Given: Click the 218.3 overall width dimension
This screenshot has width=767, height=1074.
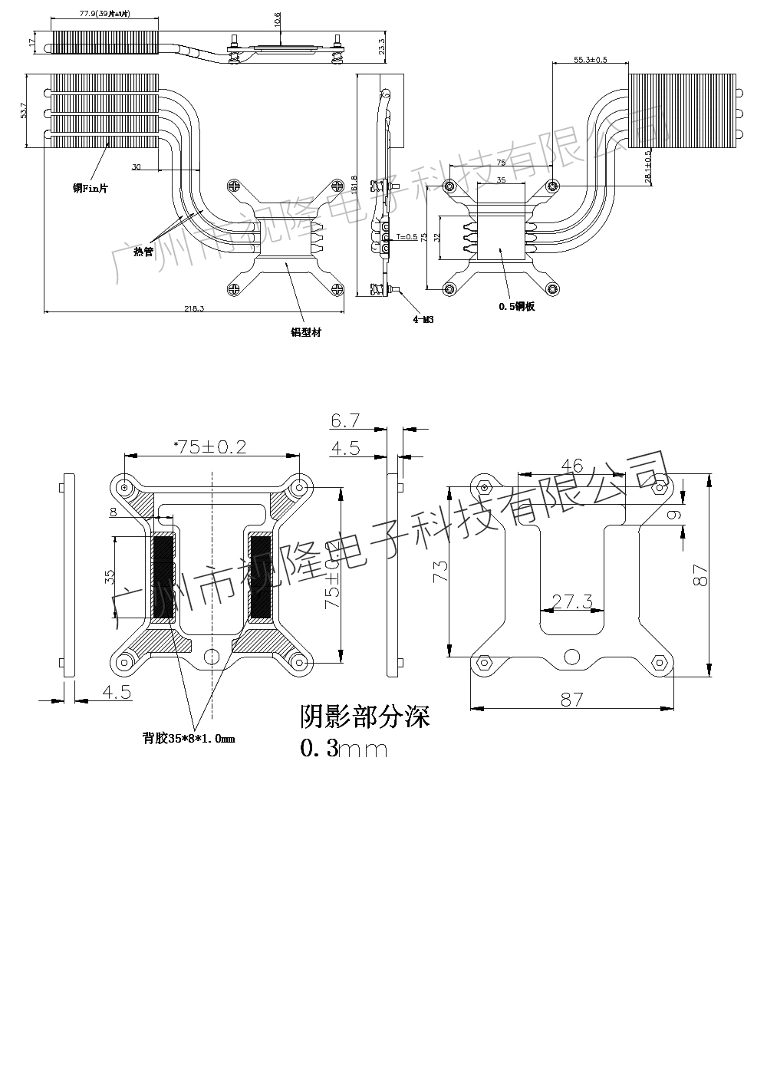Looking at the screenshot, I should point(194,308).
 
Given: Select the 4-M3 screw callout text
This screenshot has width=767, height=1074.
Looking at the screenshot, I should point(423,319).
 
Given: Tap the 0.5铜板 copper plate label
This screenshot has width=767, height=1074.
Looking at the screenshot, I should point(516,307).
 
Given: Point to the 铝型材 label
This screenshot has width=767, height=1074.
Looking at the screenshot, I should point(305,332).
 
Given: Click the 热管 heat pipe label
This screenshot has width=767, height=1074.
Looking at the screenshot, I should point(143,251).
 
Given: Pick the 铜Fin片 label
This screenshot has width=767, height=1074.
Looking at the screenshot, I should point(90,187).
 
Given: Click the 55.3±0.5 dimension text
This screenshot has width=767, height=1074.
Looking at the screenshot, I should point(591,60).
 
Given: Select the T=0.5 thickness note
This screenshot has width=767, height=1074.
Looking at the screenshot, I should point(407,237).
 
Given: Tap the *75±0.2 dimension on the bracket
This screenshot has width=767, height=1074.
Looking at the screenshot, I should point(210,447).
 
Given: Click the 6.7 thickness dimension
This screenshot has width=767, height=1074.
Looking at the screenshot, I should point(345,420).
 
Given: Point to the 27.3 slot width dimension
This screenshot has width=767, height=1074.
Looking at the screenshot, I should point(572,602).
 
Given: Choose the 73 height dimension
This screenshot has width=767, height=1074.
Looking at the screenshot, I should point(440,572).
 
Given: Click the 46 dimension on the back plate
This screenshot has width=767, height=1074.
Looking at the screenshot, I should point(572,466).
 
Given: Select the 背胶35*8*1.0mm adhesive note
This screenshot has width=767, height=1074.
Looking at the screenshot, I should point(188,739).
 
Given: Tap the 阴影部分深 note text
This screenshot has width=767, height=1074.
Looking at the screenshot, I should point(364,717).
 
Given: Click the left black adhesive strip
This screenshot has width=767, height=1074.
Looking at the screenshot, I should point(163,577).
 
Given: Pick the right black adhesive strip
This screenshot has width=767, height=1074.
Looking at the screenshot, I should point(261,577).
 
